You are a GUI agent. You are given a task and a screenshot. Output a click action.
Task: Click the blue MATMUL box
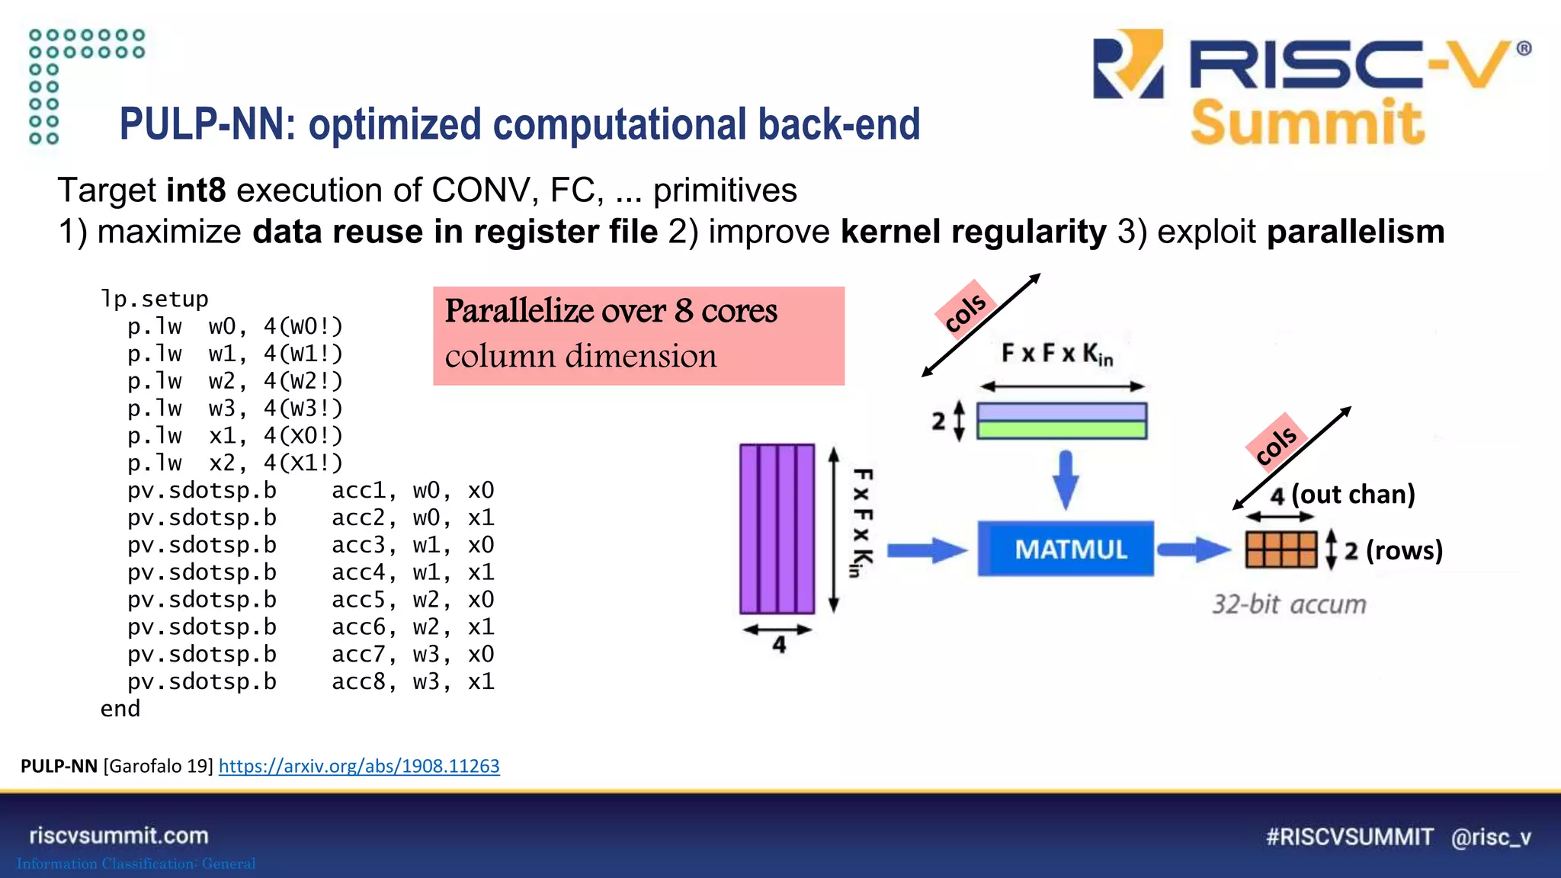point(1065,549)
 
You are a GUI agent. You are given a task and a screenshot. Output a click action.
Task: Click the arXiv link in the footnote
point(359,766)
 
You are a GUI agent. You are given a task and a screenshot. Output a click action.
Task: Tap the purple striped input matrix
point(777,529)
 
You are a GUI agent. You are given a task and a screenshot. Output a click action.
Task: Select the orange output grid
point(1281,550)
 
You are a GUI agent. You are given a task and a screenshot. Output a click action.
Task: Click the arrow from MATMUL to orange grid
point(1192,550)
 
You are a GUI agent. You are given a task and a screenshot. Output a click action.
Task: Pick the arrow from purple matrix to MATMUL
point(927,550)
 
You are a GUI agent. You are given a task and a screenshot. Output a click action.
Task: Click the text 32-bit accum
point(1289,604)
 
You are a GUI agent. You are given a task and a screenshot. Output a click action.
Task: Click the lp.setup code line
point(154,299)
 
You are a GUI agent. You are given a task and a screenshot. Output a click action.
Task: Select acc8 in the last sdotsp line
point(359,681)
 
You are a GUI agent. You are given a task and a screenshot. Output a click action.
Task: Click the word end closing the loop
point(120,709)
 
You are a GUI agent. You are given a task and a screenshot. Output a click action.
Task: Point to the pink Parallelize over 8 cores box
point(638,335)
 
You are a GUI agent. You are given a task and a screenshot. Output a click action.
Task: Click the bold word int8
point(196,190)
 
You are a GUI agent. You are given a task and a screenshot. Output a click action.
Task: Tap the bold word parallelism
point(1355,232)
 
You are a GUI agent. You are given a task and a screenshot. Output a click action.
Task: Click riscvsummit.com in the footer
point(119,835)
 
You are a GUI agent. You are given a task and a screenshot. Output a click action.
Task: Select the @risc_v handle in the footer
point(1490,837)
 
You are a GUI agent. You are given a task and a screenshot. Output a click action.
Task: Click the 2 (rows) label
point(1393,550)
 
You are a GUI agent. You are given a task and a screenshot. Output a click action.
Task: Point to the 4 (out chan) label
point(1342,495)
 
